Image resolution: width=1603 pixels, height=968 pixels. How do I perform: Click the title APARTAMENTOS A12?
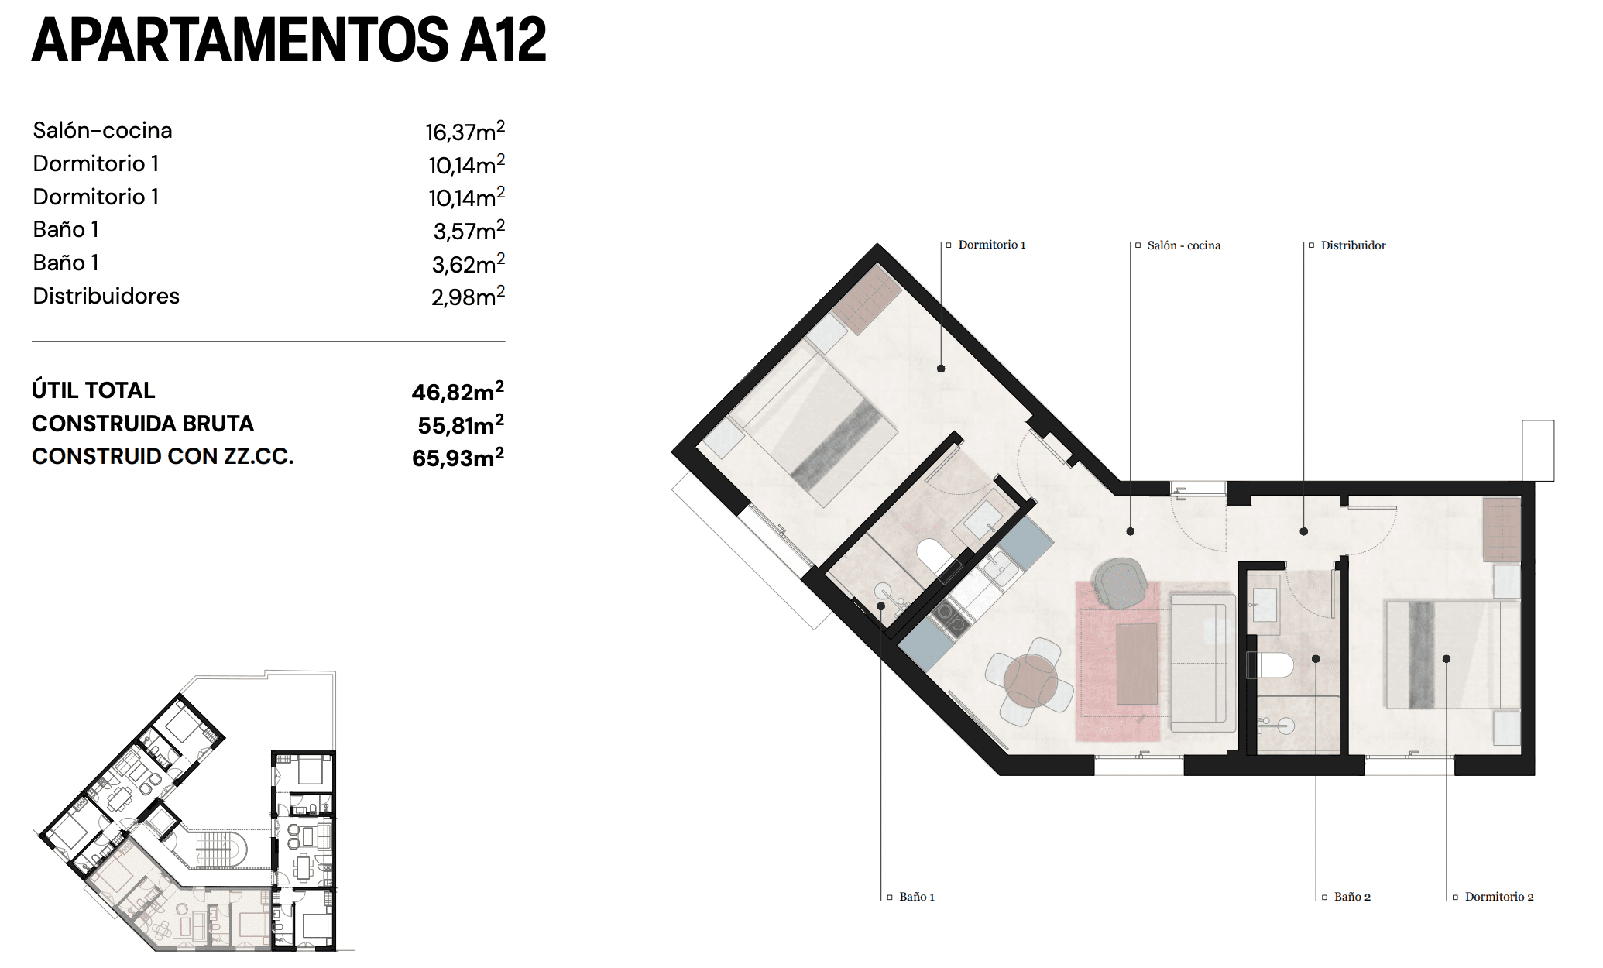click(x=289, y=40)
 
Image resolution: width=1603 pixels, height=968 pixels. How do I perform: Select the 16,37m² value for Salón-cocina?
click(x=465, y=131)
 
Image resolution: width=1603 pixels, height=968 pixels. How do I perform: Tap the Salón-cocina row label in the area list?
click(x=102, y=130)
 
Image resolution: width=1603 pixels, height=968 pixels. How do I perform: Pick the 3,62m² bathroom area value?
click(x=468, y=263)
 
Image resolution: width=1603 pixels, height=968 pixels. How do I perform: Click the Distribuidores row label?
click(x=106, y=296)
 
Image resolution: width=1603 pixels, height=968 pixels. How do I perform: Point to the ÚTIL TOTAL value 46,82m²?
click(x=458, y=391)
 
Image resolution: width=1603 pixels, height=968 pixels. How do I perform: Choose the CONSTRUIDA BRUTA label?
click(x=142, y=424)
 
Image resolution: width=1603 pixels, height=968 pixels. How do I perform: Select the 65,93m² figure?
click(x=458, y=457)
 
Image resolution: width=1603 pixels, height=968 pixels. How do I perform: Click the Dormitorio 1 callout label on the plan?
click(x=991, y=245)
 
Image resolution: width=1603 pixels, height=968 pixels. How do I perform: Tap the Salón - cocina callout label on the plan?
click(x=1183, y=245)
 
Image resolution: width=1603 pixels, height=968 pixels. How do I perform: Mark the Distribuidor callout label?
click(x=1353, y=245)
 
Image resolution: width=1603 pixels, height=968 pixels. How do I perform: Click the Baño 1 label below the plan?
click(x=916, y=897)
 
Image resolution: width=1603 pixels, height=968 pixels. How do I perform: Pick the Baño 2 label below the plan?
click(x=1352, y=897)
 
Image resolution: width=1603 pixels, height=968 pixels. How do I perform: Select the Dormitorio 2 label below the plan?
click(x=1498, y=897)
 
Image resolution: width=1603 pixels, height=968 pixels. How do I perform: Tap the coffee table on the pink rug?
click(x=1137, y=664)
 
